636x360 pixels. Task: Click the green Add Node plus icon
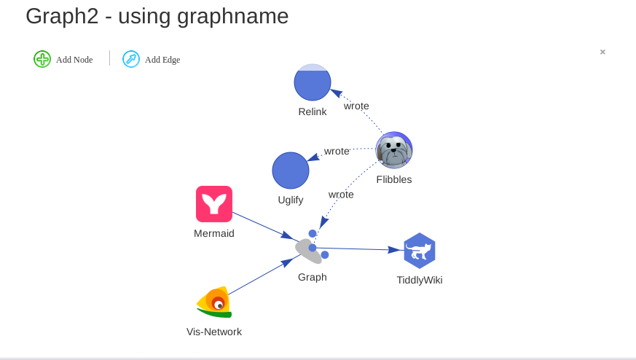pos(42,59)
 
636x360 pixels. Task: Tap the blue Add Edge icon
pos(131,59)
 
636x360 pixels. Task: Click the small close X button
pos(602,52)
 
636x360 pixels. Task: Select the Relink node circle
pos(313,82)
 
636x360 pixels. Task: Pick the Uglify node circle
pos(291,171)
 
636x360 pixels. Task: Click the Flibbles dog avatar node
pos(394,151)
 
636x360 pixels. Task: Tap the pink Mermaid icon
pos(214,204)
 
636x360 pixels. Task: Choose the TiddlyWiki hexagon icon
pos(420,251)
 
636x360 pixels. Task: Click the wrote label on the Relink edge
pos(356,106)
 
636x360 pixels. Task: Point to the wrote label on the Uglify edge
pos(337,151)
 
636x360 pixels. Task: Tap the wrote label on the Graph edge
pos(341,194)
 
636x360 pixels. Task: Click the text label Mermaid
pos(214,233)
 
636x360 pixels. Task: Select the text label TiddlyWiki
pos(420,280)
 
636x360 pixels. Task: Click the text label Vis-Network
pos(214,332)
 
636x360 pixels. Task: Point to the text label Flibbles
pos(394,179)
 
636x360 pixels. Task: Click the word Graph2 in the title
pos(62,16)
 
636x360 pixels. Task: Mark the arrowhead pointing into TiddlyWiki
pos(396,250)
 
